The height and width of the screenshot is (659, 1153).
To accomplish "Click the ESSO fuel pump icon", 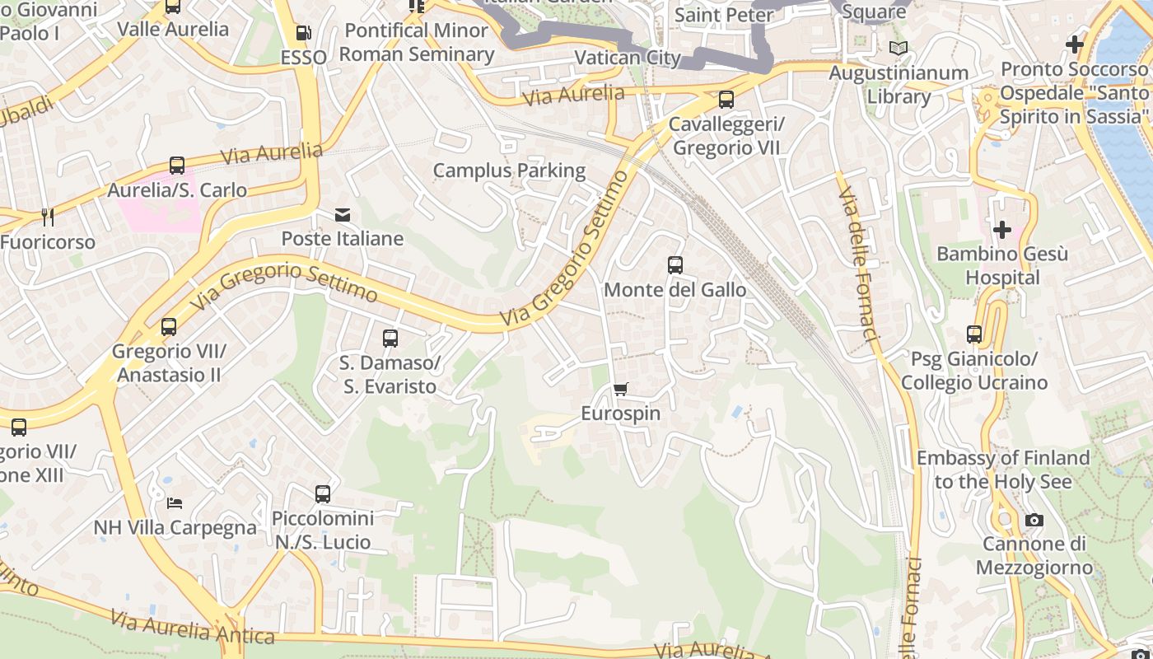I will click(x=303, y=33).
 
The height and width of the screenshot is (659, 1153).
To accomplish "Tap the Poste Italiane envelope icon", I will click(x=343, y=215).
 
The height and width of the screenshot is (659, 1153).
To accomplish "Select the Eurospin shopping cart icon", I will click(x=621, y=389).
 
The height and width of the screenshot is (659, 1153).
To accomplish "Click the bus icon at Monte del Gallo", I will click(x=675, y=265).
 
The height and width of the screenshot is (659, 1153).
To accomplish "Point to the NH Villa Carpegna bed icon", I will click(x=174, y=502).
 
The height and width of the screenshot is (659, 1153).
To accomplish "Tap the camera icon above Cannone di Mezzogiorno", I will click(x=1034, y=520).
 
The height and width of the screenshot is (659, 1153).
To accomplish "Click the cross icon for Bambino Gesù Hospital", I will click(x=1001, y=229).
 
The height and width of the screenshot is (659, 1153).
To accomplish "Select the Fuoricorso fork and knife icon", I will click(x=48, y=217).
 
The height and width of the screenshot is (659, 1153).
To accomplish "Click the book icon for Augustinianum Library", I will click(x=898, y=48).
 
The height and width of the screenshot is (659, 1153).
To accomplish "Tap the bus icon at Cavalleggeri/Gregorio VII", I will click(x=726, y=100).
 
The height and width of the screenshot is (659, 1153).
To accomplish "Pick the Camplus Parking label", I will click(x=509, y=171).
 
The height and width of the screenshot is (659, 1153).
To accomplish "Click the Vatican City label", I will click(x=628, y=58).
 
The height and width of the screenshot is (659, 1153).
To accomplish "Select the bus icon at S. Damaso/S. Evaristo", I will click(x=390, y=339).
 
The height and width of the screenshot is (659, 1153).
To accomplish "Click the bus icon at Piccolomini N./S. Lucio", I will click(x=323, y=494).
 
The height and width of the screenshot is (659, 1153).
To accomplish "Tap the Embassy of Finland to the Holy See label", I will click(x=1002, y=469).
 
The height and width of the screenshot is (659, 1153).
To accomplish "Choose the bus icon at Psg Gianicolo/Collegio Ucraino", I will click(x=974, y=334).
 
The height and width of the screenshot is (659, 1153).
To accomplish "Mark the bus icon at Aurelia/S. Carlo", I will click(x=177, y=166).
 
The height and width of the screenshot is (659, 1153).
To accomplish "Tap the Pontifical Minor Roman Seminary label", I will click(x=416, y=42).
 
